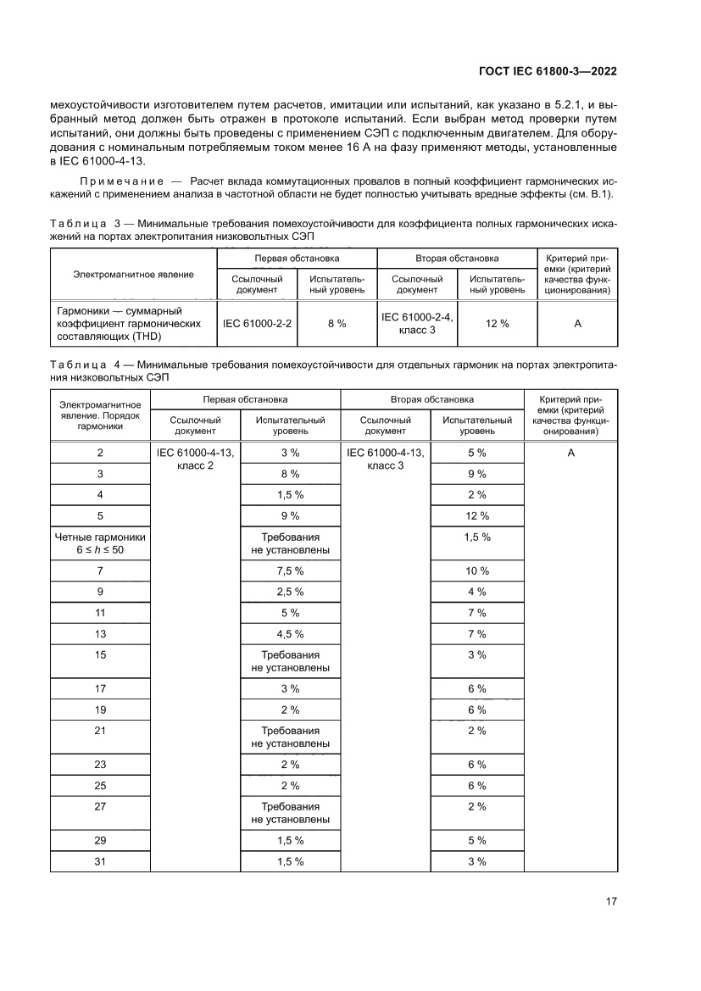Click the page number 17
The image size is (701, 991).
tap(610, 901)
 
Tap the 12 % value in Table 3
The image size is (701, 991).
tap(498, 324)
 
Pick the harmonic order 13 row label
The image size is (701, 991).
tap(100, 634)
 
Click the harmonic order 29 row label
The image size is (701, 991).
tap(100, 841)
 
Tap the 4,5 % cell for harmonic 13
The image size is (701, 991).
tap(290, 634)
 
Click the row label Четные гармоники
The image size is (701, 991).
tap(100, 537)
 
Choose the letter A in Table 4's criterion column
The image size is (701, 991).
tap(570, 454)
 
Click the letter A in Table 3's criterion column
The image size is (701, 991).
tap(576, 324)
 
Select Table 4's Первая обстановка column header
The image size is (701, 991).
tap(245, 398)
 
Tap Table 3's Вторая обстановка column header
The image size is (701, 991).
tap(457, 258)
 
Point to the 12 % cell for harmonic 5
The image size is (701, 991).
tap(476, 515)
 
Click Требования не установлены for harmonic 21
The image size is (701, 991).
tap(290, 737)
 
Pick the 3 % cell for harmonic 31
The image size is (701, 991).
tap(476, 861)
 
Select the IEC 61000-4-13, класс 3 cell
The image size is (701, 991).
tap(386, 459)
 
